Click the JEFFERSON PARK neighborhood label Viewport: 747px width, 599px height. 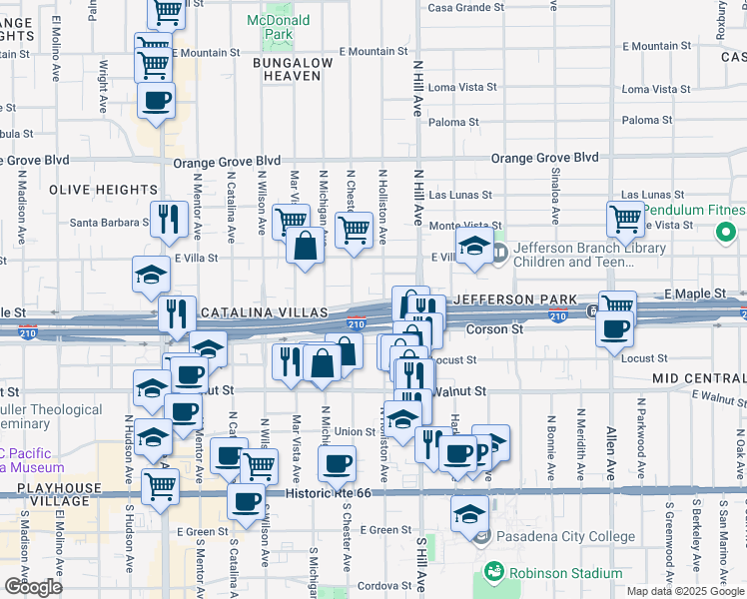pyautogui.click(x=515, y=299)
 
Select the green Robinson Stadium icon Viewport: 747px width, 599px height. pyautogui.click(x=493, y=573)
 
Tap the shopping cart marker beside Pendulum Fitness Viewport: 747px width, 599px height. pyautogui.click(x=625, y=217)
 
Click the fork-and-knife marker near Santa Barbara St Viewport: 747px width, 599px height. pyautogui.click(x=169, y=218)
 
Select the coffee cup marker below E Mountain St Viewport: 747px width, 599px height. pyautogui.click(x=157, y=102)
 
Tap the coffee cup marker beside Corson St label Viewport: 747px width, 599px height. pyautogui.click(x=615, y=328)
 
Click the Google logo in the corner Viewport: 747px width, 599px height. pyautogui.click(x=33, y=587)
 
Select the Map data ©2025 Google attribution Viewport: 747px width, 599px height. pyautogui.click(x=685, y=591)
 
